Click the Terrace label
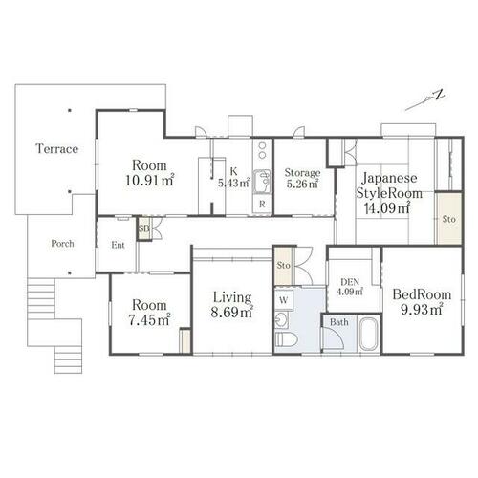(57, 149)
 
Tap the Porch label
(62, 244)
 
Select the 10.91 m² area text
(150, 181)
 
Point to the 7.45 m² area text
(149, 319)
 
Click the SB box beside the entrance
(144, 228)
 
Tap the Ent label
(118, 245)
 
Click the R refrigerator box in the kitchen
(262, 205)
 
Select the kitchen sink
(262, 182)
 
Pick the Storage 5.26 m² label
(302, 178)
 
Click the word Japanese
(389, 178)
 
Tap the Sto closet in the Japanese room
(449, 219)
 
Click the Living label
(232, 297)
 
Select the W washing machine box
(284, 300)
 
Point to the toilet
(286, 339)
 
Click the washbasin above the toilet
(281, 320)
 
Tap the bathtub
(369, 335)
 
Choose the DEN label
(350, 282)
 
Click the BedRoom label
(422, 294)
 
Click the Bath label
(339, 322)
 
